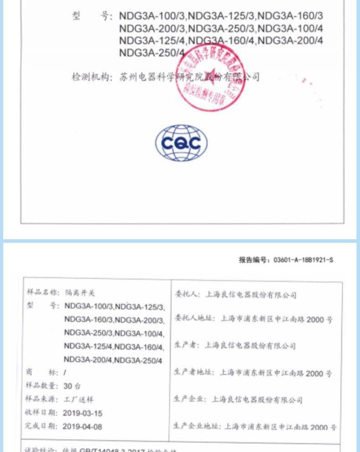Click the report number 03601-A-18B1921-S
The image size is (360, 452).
303,260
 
